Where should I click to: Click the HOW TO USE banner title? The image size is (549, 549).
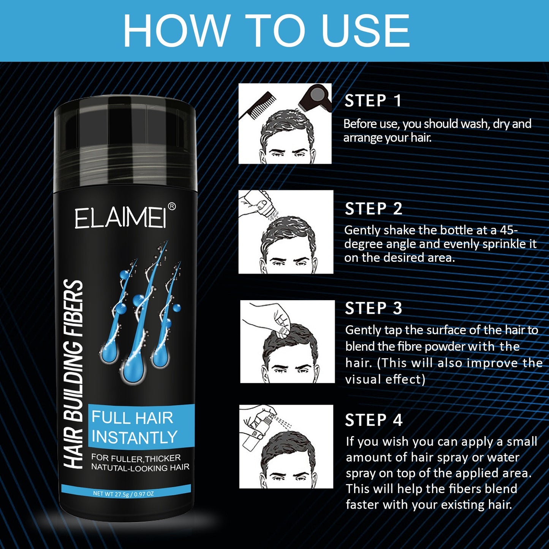coord(266,30)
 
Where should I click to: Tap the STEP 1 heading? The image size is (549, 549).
coord(373,101)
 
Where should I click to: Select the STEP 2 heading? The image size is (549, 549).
coord(373,209)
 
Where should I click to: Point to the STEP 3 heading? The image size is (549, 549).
coord(373,309)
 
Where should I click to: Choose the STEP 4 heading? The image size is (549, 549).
coord(373,420)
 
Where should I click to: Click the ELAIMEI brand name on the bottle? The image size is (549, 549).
coord(120,218)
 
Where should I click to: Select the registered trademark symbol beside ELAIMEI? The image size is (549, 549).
coord(172,206)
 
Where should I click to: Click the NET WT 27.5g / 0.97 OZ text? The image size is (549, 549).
coord(123,494)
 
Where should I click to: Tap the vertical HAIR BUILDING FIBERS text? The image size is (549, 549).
coord(73,374)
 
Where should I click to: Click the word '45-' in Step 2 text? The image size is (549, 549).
coord(509,230)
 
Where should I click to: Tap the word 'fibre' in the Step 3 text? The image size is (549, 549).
coord(410,346)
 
